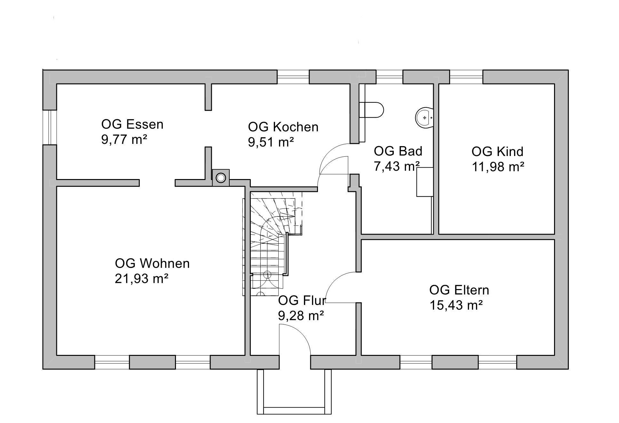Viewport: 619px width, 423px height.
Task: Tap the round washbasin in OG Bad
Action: tap(425, 118)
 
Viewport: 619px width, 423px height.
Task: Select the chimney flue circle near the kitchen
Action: tap(220, 178)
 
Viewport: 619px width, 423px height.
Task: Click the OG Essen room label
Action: tap(132, 124)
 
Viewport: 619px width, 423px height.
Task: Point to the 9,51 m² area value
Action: tap(271, 142)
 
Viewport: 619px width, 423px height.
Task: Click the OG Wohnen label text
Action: tap(152, 263)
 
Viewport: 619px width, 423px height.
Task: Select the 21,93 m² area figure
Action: tap(141, 279)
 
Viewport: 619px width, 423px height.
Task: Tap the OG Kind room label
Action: tap(497, 152)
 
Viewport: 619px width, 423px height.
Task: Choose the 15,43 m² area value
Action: tap(456, 305)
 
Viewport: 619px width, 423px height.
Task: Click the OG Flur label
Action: tap(302, 301)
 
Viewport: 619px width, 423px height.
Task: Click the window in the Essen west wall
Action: tap(50, 127)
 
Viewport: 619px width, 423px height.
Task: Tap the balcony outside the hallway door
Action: tap(294, 392)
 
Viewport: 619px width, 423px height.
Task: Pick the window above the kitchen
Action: tap(293, 77)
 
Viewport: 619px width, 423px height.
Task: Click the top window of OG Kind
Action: tap(466, 77)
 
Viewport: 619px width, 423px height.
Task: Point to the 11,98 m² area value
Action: tap(498, 167)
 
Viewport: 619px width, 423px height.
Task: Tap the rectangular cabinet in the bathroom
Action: tap(425, 182)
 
